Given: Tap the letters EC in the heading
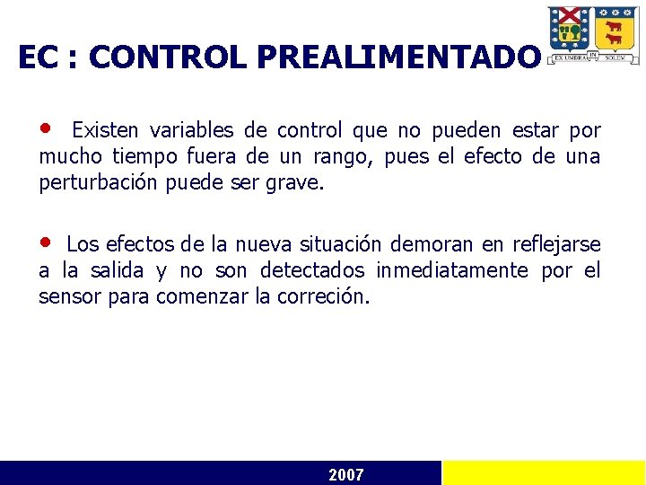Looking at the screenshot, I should (35, 57).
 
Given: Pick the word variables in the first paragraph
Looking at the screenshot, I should (183, 131).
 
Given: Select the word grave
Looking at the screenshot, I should (301, 184).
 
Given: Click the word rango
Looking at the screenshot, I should (345, 158).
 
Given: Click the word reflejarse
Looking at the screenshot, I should (556, 244).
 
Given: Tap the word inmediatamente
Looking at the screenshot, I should (452, 270).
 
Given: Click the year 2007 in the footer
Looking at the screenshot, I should (346, 474).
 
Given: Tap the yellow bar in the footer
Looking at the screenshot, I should (544, 473).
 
